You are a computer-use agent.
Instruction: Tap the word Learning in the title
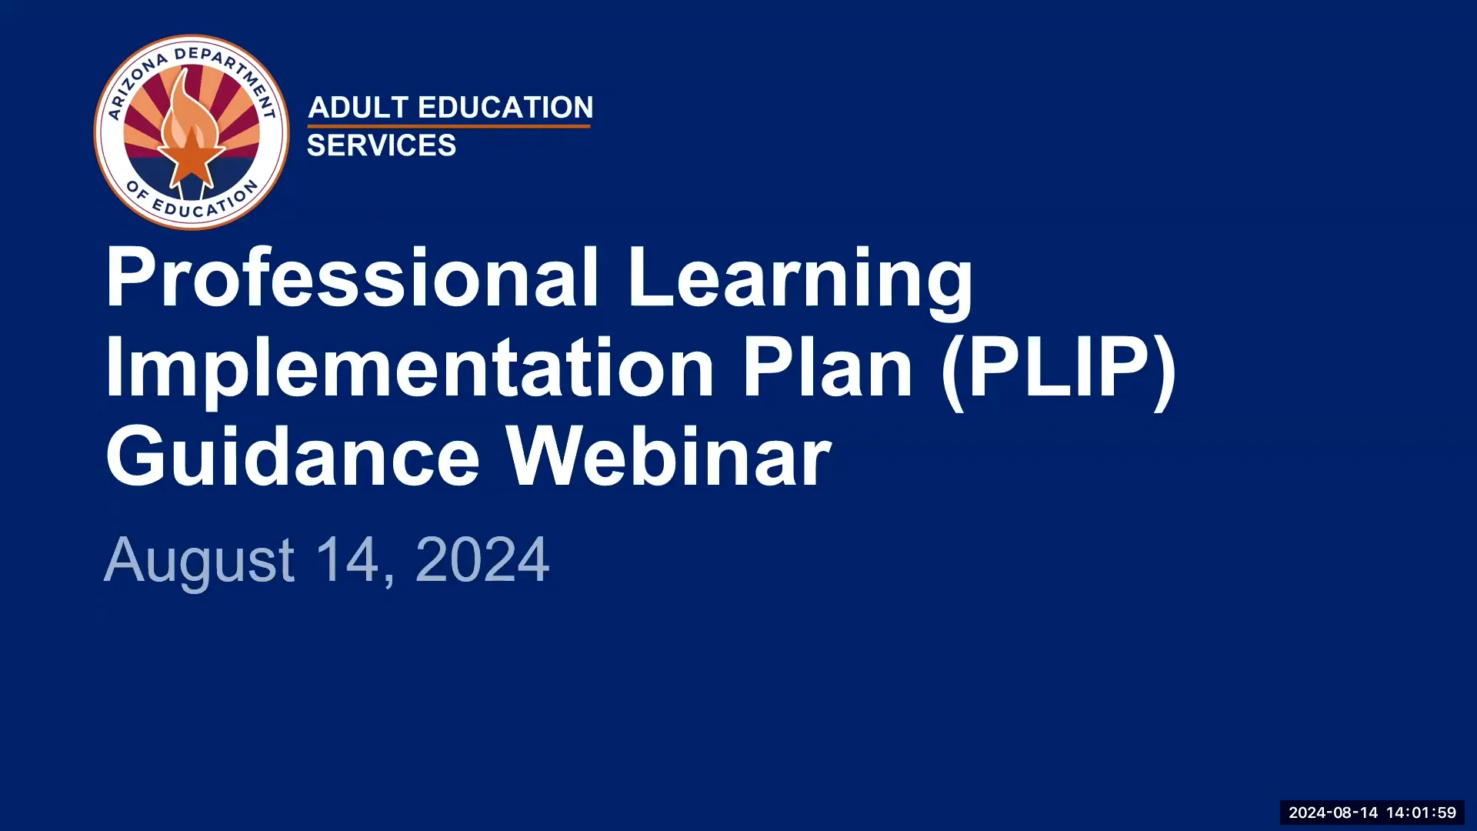point(800,278)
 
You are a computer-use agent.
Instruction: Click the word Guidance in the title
point(292,457)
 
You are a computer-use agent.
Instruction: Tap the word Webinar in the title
point(668,457)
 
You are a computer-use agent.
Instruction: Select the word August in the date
point(198,560)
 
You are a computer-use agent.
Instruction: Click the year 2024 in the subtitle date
point(482,559)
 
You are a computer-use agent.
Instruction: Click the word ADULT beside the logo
point(358,108)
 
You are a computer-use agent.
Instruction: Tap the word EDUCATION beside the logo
point(505,108)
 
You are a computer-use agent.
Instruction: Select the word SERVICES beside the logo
point(382,145)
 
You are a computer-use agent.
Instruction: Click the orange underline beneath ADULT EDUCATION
point(449,125)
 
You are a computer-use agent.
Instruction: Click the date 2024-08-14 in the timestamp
point(1333,813)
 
